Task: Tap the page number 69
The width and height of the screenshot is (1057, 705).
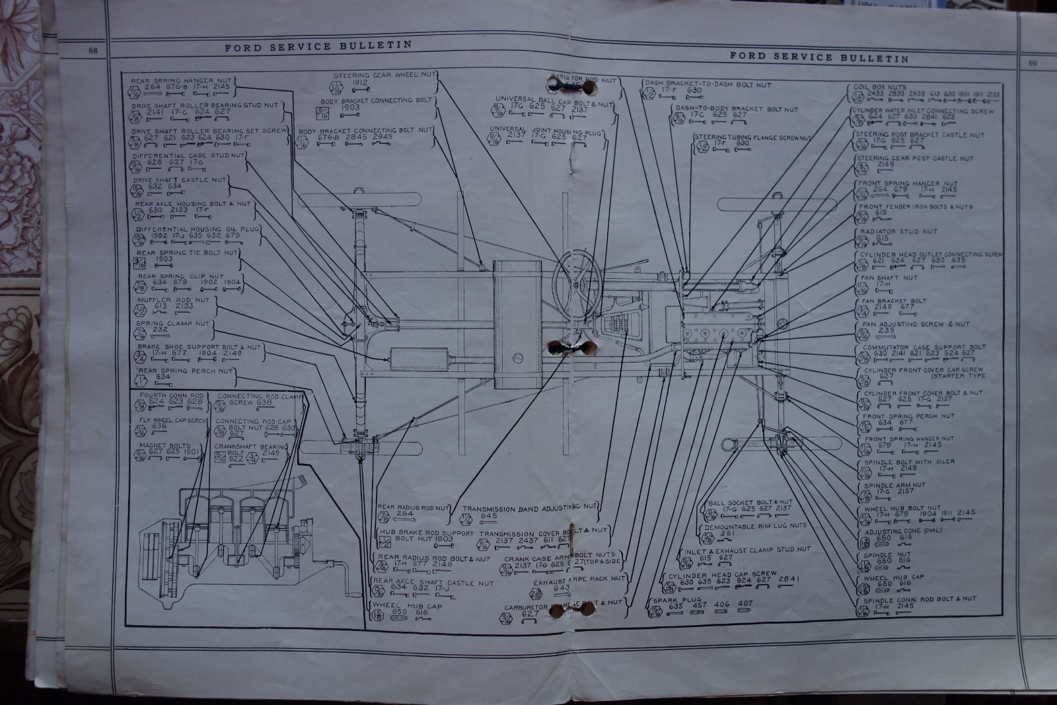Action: (1033, 63)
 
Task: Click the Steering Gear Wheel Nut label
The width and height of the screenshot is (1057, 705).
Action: (384, 75)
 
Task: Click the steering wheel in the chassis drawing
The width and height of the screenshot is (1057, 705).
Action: (577, 281)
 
